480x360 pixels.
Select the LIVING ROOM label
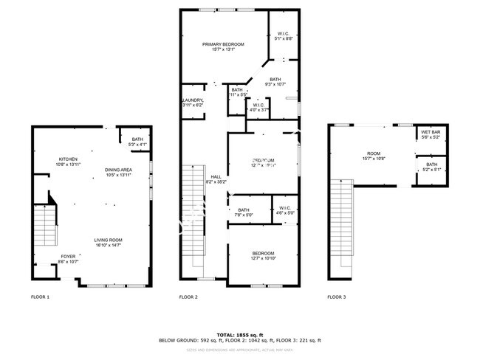tap(108, 240)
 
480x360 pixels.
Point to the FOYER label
tap(69, 257)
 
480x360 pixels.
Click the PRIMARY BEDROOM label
tap(223, 45)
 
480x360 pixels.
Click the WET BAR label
tap(431, 133)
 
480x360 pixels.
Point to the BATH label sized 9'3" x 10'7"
tap(275, 80)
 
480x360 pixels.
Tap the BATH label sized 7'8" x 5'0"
tap(244, 211)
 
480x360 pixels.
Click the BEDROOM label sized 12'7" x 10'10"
tap(263, 255)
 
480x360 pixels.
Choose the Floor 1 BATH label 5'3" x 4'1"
tap(137, 139)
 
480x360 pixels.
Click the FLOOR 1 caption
tap(40, 297)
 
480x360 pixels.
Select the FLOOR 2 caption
tap(188, 297)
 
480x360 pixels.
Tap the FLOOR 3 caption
tap(336, 297)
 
